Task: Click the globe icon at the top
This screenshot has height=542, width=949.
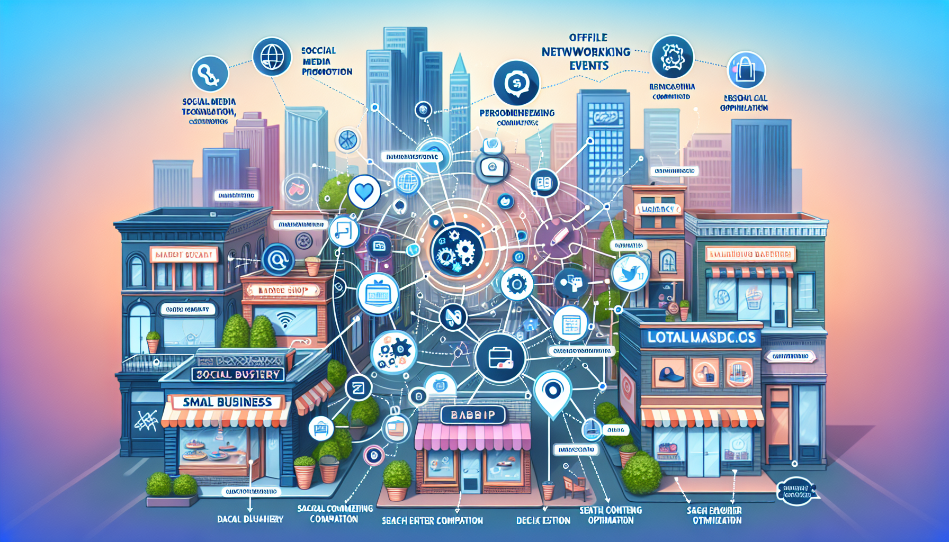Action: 272,56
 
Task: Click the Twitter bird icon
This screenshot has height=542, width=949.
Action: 630,273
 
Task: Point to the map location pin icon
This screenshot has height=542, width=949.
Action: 552,392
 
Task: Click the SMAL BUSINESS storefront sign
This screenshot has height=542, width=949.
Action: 227,402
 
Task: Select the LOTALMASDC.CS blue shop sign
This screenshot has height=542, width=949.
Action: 701,338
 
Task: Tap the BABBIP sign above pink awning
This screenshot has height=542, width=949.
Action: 473,415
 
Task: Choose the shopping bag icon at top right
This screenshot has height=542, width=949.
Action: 746,69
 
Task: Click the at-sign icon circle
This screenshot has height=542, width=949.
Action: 278,260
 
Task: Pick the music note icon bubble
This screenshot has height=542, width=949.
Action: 344,231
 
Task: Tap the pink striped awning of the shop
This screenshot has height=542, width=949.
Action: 472,437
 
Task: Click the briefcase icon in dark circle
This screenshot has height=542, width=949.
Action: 500,358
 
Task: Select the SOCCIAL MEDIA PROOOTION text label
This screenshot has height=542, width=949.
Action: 326,61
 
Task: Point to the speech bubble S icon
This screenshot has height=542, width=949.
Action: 516,83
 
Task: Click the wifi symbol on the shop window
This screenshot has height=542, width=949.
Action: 286,319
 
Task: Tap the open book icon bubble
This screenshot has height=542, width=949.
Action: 544,183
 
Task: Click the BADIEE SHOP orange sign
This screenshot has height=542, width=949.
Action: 282,291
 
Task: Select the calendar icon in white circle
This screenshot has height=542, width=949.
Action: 570,324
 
